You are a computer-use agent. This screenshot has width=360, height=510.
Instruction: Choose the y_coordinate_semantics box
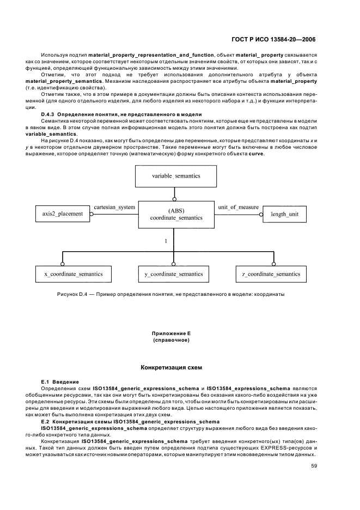174,274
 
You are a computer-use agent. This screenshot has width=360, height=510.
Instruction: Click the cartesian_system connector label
114,208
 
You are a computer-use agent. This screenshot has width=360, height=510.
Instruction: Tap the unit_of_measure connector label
237,208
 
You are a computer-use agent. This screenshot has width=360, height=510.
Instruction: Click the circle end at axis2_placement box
91,214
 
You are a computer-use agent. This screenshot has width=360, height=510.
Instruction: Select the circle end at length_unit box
261,214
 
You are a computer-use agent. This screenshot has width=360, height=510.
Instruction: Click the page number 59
314,466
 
